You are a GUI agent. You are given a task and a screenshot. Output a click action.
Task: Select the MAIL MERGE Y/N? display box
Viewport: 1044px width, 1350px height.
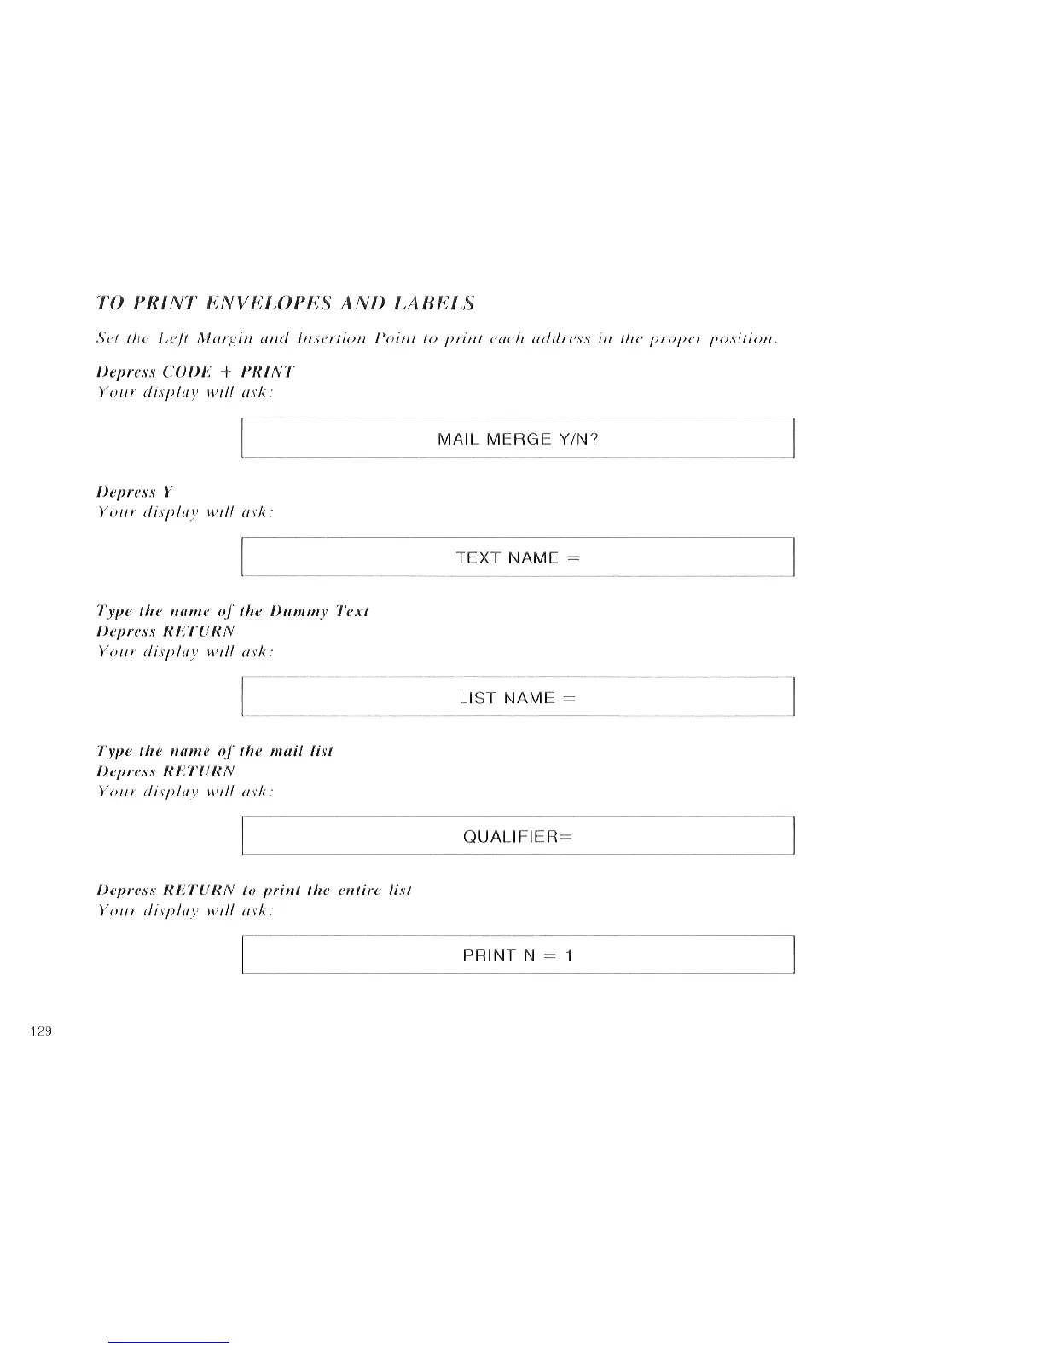(x=518, y=439)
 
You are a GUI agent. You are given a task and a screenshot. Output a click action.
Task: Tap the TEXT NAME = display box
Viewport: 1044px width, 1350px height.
(x=518, y=557)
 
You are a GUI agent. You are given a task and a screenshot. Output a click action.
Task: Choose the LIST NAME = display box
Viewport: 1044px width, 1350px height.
(x=518, y=697)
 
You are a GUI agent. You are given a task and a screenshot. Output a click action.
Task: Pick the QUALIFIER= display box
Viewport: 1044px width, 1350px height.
(x=518, y=836)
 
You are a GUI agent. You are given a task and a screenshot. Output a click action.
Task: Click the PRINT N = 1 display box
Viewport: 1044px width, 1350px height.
(x=518, y=955)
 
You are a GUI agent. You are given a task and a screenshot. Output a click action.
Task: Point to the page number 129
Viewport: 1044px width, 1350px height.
(x=41, y=1031)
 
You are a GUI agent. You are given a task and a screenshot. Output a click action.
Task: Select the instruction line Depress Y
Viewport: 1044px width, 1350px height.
(x=135, y=492)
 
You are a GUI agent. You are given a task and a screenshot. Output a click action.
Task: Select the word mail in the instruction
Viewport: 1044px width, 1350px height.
(x=289, y=751)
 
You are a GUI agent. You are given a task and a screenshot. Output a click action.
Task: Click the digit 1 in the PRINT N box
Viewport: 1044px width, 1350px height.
(x=569, y=955)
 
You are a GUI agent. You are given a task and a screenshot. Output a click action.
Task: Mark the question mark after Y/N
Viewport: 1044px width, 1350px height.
(x=594, y=439)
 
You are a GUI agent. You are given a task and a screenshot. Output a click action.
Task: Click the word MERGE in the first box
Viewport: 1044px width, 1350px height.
(x=519, y=439)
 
